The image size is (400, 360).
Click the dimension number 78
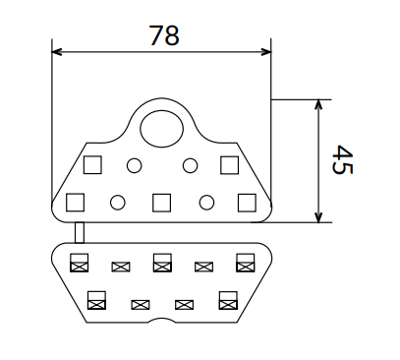click(x=164, y=35)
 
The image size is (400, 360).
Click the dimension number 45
click(x=342, y=159)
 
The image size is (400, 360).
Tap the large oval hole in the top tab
click(x=161, y=129)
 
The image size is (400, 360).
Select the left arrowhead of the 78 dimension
click(x=57, y=52)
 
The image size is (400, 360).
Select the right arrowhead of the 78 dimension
click(x=266, y=52)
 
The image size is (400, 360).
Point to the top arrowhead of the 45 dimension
click(x=318, y=104)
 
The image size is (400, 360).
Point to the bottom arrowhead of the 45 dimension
click(x=318, y=217)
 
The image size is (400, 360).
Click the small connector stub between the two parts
click(x=80, y=232)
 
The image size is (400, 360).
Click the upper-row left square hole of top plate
click(x=92, y=164)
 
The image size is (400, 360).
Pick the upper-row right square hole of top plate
click(x=229, y=165)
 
